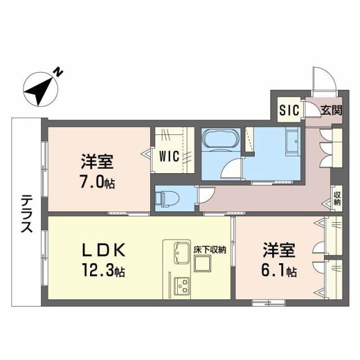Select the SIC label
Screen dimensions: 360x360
290,110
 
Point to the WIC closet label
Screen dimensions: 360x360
169,156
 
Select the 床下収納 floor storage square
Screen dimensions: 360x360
202,264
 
